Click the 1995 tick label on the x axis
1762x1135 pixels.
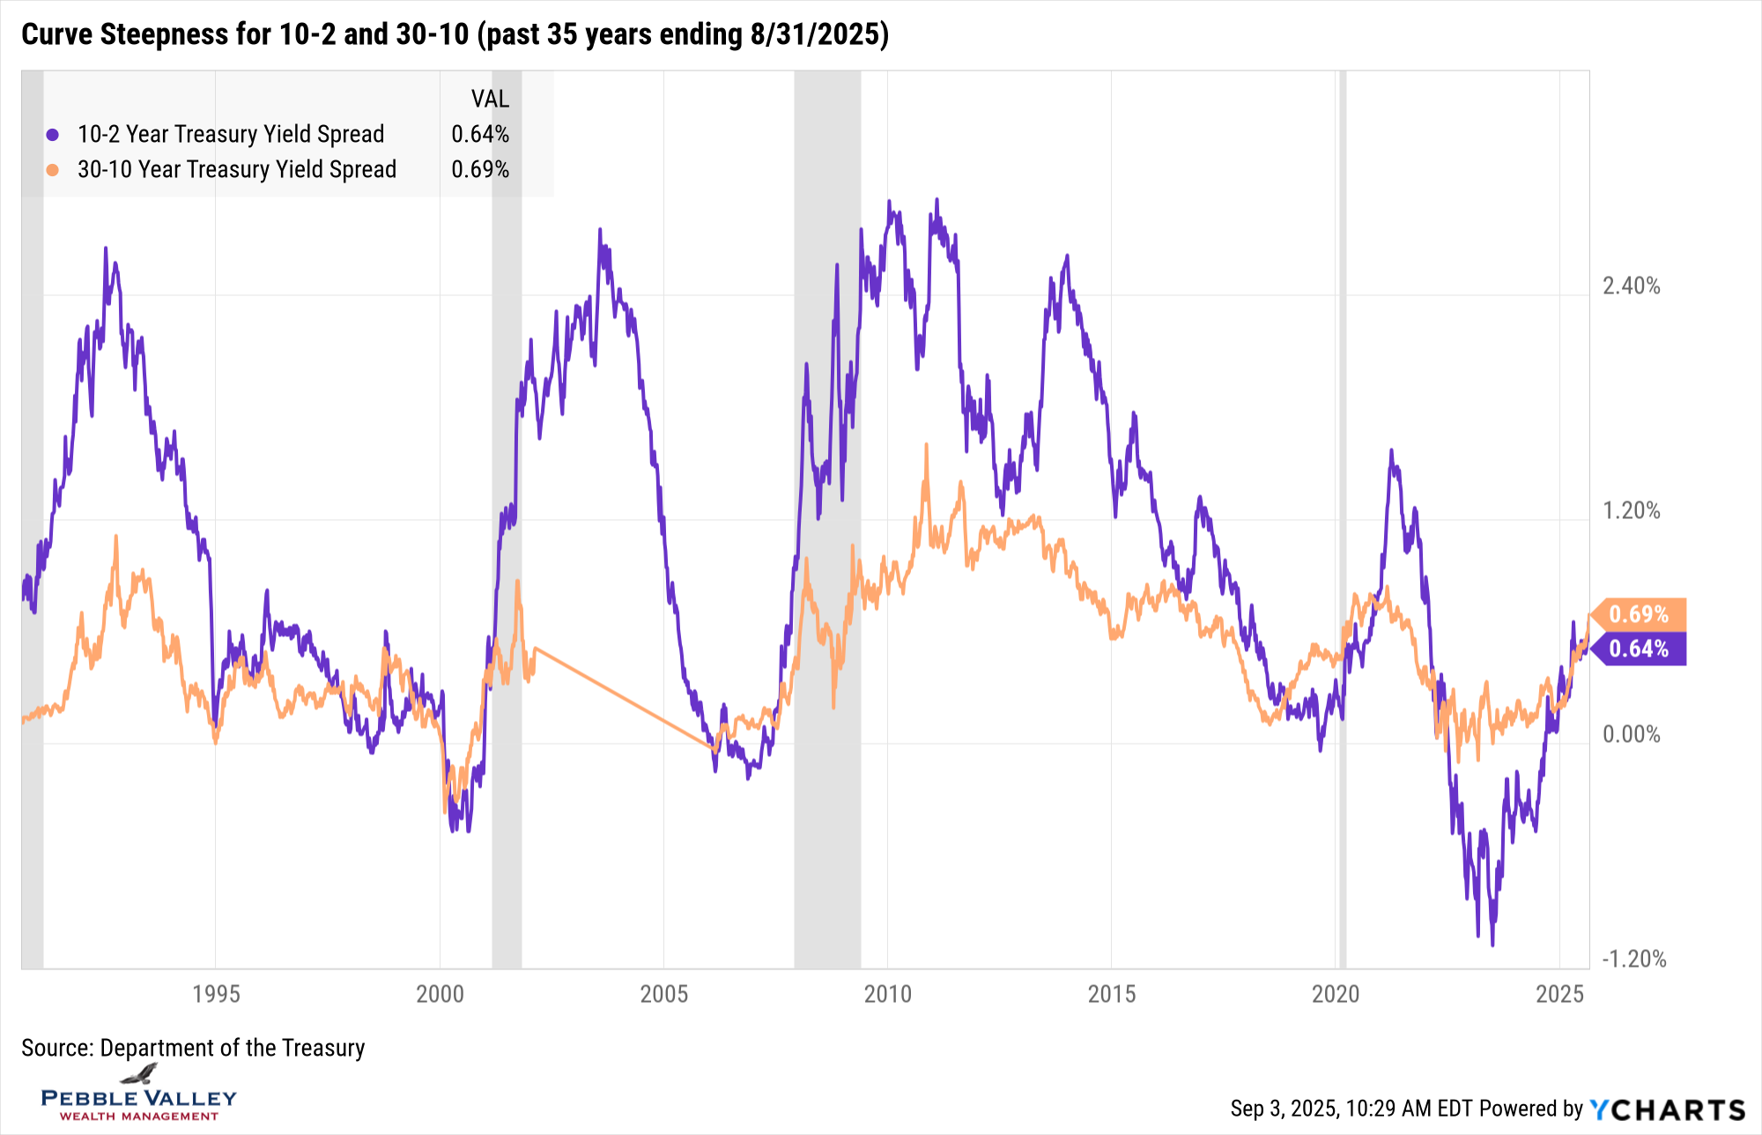[x=216, y=994]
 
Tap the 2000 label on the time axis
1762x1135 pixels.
[x=440, y=994]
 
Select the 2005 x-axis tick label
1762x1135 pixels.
[x=663, y=994]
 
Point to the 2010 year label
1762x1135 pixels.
[x=887, y=994]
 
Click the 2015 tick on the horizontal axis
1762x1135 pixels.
[x=1112, y=994]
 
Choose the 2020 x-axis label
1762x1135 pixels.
[x=1336, y=994]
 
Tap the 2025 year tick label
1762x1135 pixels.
[x=1559, y=994]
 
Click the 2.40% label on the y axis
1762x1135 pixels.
[x=1631, y=286]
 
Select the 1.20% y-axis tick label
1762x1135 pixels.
[x=1631, y=510]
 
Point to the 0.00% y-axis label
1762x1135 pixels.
[x=1631, y=734]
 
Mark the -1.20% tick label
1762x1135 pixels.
[x=1633, y=959]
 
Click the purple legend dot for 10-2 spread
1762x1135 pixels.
[x=53, y=135]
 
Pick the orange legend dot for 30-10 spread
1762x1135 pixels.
[x=53, y=169]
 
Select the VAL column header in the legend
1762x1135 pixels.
[x=490, y=99]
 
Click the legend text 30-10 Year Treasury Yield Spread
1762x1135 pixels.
[x=237, y=169]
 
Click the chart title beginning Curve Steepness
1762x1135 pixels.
[x=455, y=34]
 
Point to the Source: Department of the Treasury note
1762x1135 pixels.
[x=193, y=1048]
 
